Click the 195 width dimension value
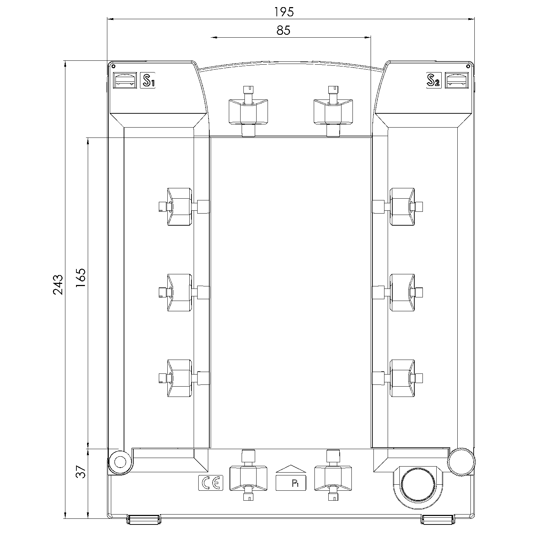click(284, 12)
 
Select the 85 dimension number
click(284, 31)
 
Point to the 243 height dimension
click(58, 285)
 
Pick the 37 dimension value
click(81, 472)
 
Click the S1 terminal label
click(148, 81)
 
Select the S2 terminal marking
click(434, 81)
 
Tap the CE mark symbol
click(211, 483)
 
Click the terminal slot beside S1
click(125, 80)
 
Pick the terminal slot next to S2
click(457, 80)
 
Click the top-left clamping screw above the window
click(248, 111)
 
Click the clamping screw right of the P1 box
click(333, 475)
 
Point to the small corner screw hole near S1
click(113, 66)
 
